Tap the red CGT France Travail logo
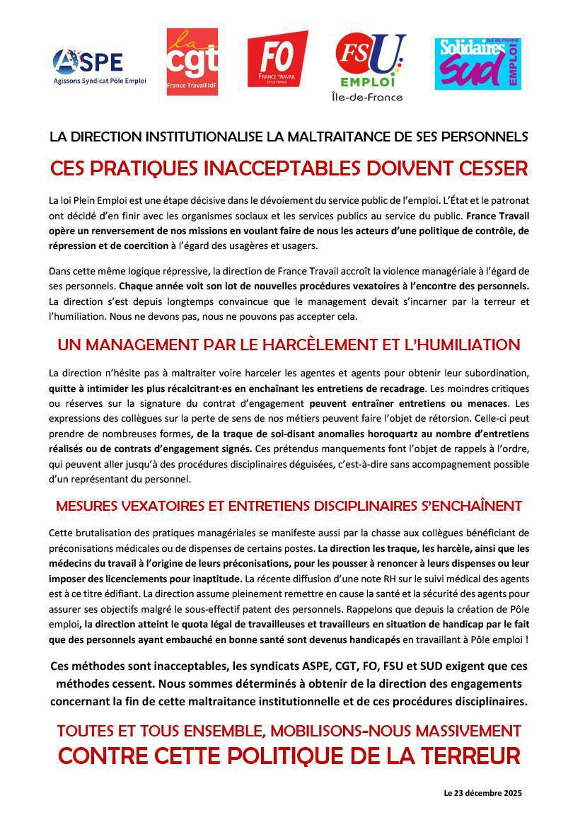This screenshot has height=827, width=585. [x=192, y=62]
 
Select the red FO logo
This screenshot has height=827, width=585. [x=277, y=59]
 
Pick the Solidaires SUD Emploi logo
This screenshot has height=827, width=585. [x=477, y=63]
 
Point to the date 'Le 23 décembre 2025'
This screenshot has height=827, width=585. [x=482, y=794]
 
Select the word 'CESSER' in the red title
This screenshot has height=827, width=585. [x=487, y=170]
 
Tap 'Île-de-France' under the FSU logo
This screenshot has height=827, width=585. [x=367, y=97]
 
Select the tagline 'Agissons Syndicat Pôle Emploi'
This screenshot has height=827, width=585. [x=100, y=81]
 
